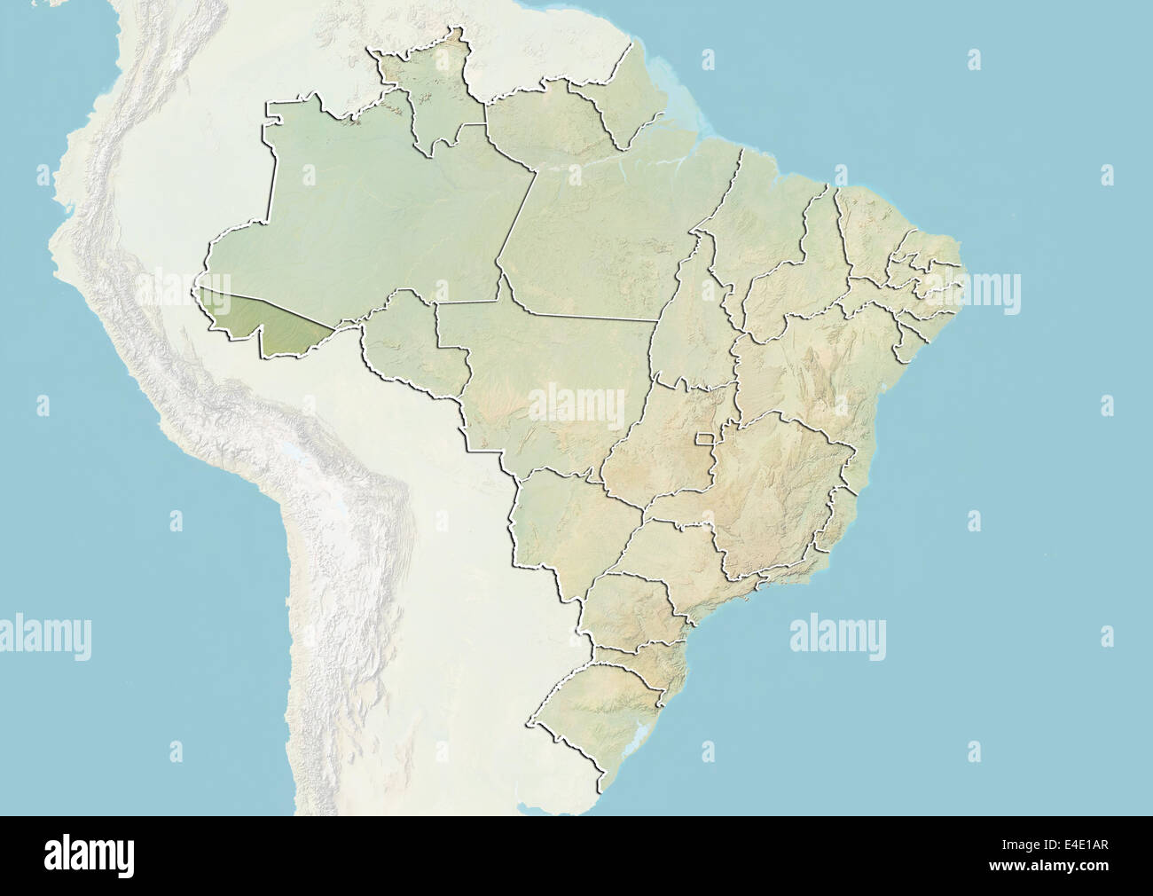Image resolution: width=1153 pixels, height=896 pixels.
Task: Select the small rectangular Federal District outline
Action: [706, 437]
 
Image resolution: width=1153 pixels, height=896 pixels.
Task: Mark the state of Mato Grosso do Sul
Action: [559, 523]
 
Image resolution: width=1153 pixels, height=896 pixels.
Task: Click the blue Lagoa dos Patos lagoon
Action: [640, 741]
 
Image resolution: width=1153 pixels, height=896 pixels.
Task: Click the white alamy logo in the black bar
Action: [90, 856]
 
